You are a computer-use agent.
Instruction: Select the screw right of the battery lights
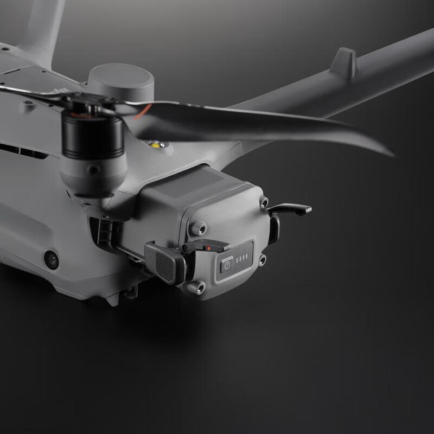coord(262,261)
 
